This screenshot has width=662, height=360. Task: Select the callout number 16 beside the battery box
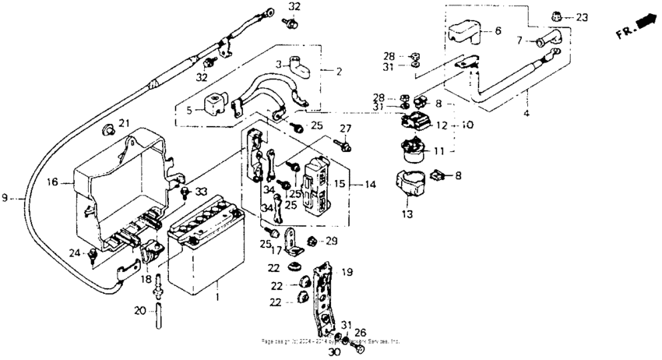(52, 183)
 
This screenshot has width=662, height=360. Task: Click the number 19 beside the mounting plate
(347, 273)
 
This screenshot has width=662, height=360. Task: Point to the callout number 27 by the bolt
(346, 128)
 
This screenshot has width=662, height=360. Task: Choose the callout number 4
(526, 114)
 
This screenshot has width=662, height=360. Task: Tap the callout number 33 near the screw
(202, 192)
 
